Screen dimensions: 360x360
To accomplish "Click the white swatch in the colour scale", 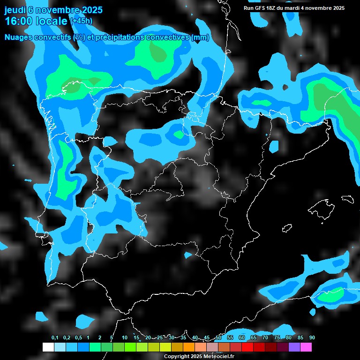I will pos(48,347).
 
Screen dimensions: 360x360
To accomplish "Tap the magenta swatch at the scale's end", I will pos(306,347).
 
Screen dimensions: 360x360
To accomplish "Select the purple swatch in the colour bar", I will pos(294,347).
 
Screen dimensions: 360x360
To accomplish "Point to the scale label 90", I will pos(312,338).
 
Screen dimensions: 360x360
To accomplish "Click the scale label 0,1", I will pos(55,338).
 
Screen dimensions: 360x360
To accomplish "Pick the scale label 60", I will pos(242,338).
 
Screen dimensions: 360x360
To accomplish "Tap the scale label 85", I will pos(300,338).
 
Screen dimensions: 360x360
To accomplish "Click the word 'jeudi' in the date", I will pos(15,10).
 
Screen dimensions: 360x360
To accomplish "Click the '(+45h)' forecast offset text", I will pos(81,21).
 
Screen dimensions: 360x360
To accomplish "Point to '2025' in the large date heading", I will pos(92,10).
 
